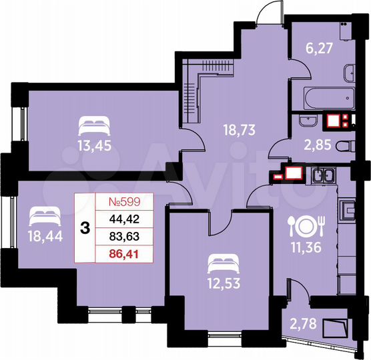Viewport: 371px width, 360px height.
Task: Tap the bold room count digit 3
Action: pos(85,227)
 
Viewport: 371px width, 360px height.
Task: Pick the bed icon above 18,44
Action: pos(45,215)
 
